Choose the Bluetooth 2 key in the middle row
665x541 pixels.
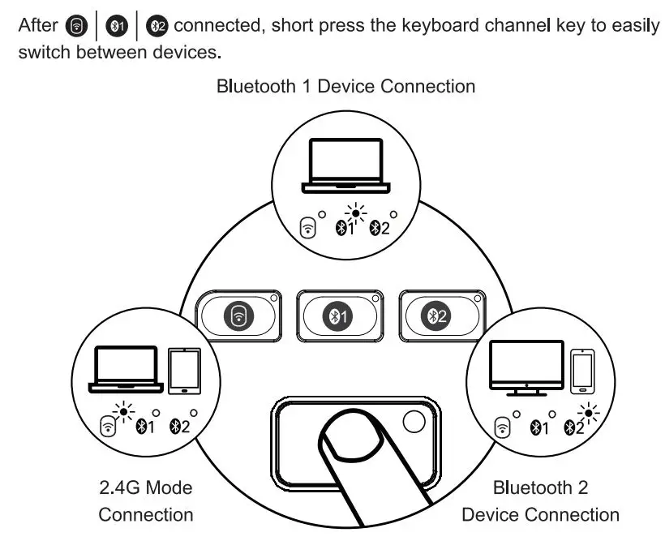coord(439,316)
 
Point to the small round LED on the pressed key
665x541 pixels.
coord(414,420)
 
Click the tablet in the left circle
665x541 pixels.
coord(184,371)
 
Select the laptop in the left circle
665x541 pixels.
coord(124,369)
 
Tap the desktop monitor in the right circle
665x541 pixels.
coord(526,367)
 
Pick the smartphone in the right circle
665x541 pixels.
coord(581,371)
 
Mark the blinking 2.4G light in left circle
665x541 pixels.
coord(123,411)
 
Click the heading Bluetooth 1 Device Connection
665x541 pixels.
coord(345,86)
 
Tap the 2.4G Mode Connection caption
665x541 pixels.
coord(146,500)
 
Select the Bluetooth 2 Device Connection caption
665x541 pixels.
coord(540,500)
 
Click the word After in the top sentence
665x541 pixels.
coord(37,25)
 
